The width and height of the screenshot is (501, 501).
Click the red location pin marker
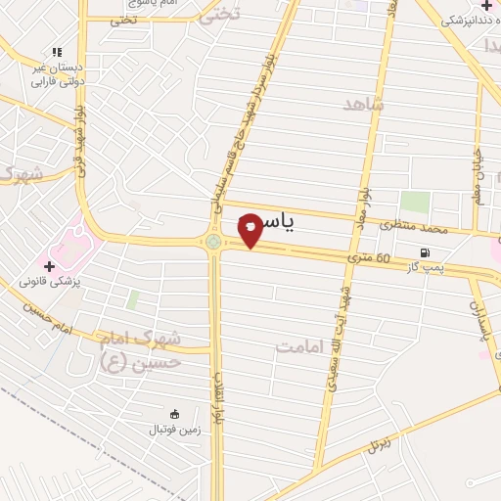(x=250, y=229)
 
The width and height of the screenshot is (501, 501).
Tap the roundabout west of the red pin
(x=213, y=242)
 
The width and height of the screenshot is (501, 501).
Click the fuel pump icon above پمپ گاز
(x=425, y=252)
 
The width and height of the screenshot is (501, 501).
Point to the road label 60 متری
(x=369, y=259)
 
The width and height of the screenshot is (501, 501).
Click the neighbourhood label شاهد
(x=364, y=103)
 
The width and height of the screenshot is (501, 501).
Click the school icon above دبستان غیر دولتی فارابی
(x=56, y=53)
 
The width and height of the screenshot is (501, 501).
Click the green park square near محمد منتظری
(x=415, y=204)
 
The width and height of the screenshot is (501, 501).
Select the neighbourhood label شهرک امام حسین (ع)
(x=139, y=349)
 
